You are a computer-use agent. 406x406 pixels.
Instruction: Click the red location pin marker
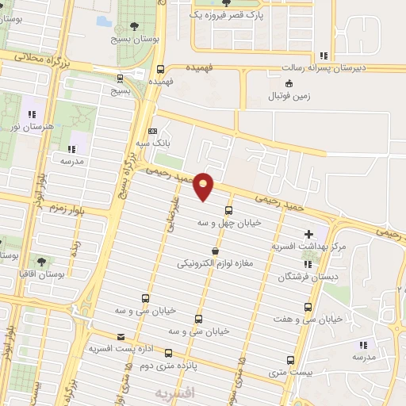(205, 186)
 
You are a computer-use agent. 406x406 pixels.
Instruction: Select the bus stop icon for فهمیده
(161, 69)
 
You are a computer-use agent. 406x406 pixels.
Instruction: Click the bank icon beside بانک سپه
(153, 132)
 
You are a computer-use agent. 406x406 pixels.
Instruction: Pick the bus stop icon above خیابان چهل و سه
(228, 210)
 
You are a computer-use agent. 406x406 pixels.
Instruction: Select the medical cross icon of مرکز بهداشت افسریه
(308, 234)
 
